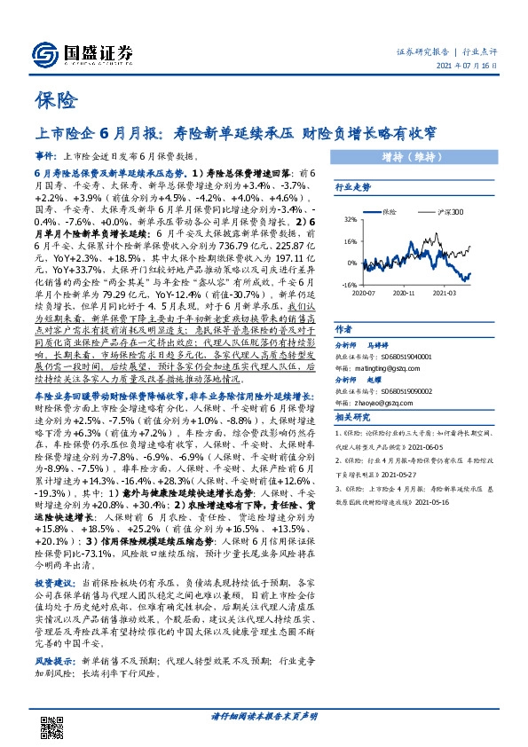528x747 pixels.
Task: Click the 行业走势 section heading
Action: [351, 189]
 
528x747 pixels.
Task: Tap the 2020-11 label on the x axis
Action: [404, 292]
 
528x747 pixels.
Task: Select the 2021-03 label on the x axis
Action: [444, 292]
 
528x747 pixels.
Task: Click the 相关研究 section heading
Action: [351, 416]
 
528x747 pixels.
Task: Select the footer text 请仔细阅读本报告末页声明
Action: [264, 714]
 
